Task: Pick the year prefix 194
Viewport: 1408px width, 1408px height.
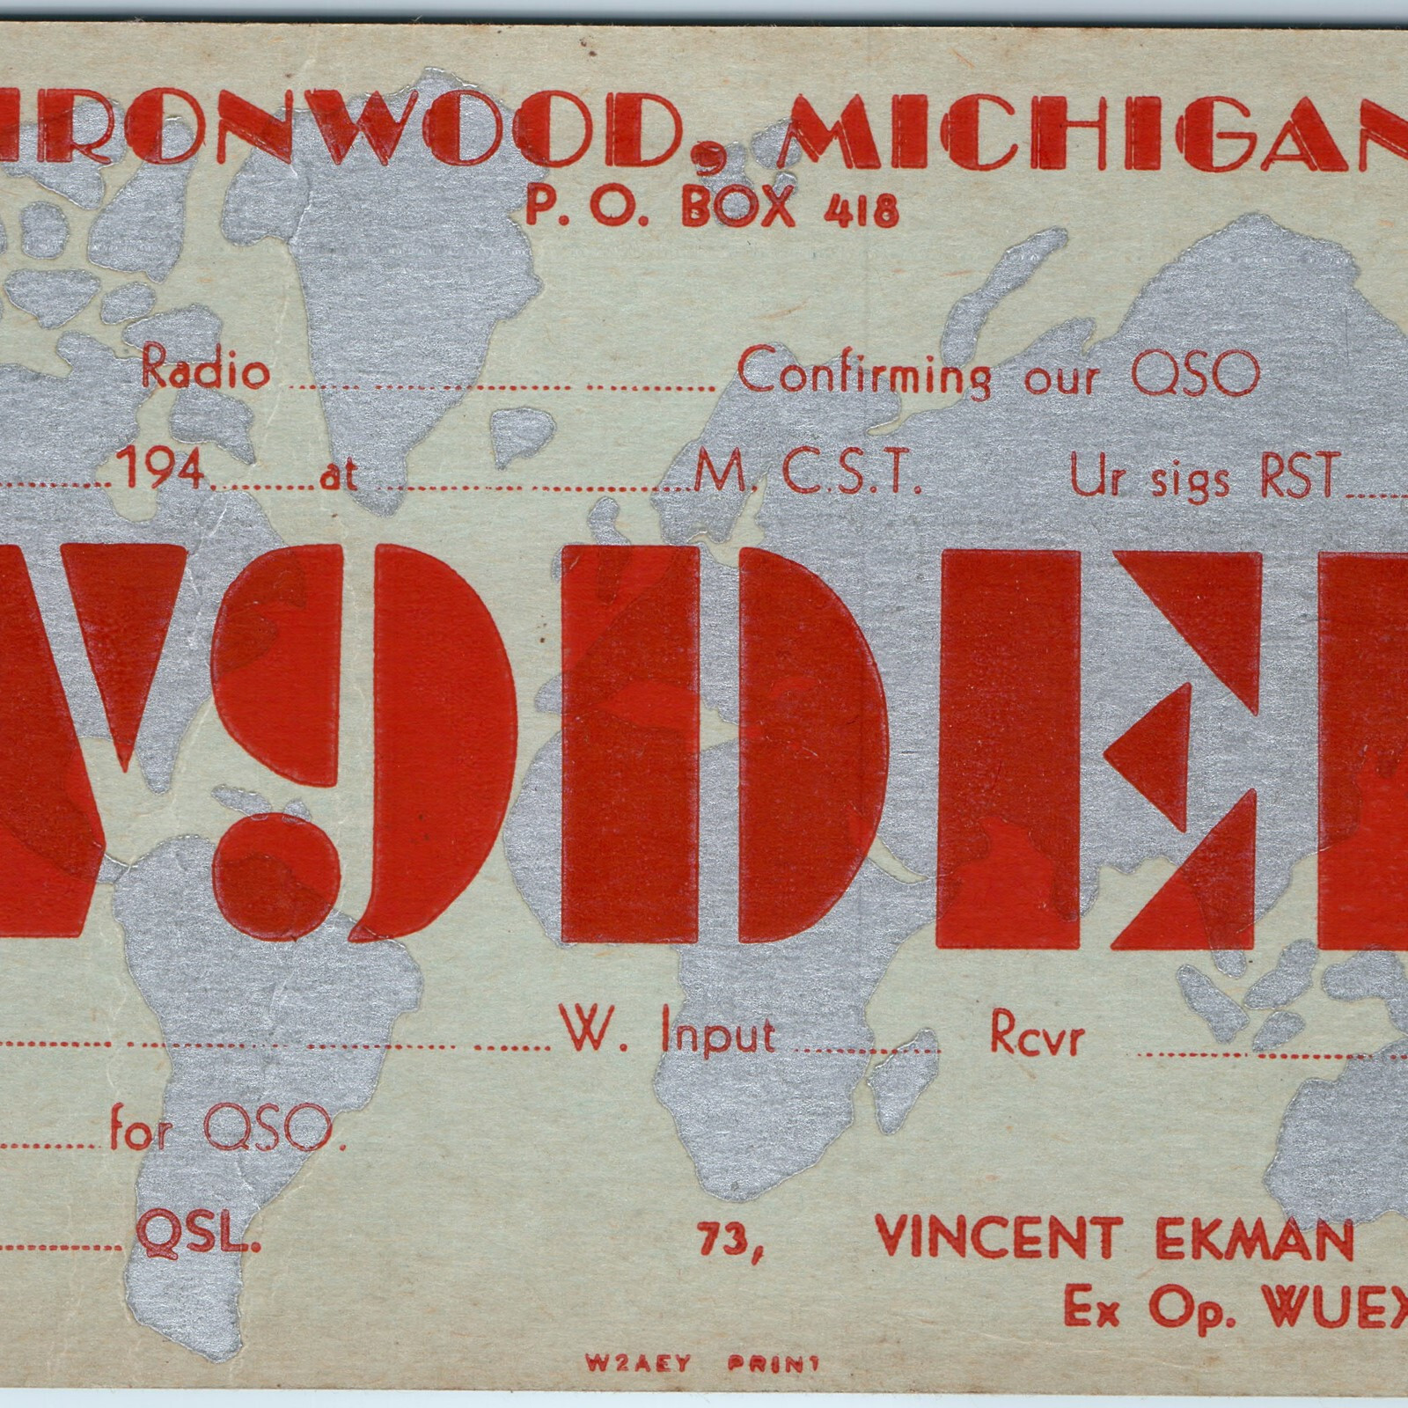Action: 165,474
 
